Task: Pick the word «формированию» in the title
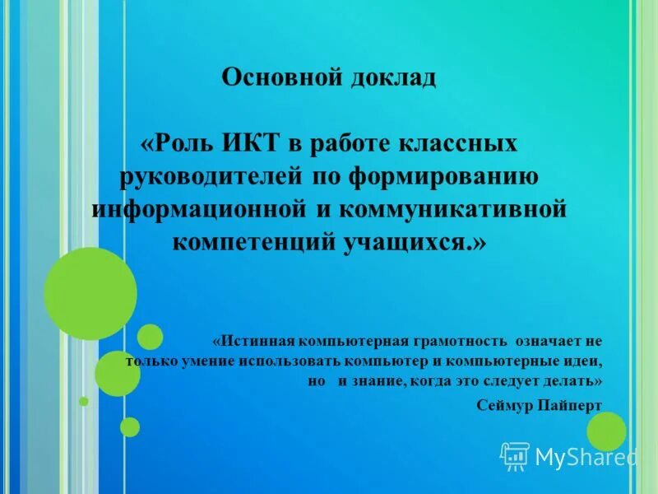coord(444,175)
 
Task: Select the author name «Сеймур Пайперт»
coord(540,404)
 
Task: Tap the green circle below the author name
coord(606,431)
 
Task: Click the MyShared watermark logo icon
coord(514,455)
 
